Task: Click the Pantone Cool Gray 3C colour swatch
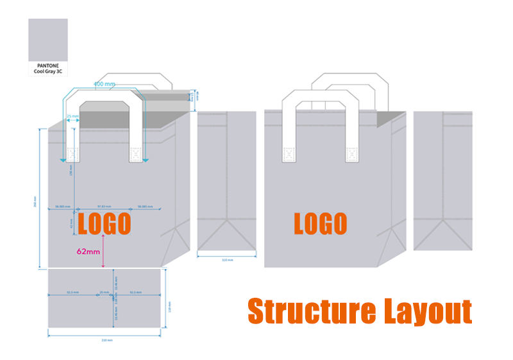(x=48, y=39)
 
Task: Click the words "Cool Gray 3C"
(x=48, y=72)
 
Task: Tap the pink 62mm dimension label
(x=88, y=252)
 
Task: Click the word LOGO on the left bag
(x=105, y=224)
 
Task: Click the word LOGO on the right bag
(x=320, y=223)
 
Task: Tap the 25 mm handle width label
(x=72, y=117)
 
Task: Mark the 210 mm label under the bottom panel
(x=108, y=340)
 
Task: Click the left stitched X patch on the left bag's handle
(x=72, y=154)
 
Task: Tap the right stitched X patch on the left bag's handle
(x=135, y=154)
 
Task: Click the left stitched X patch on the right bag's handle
(x=288, y=154)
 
